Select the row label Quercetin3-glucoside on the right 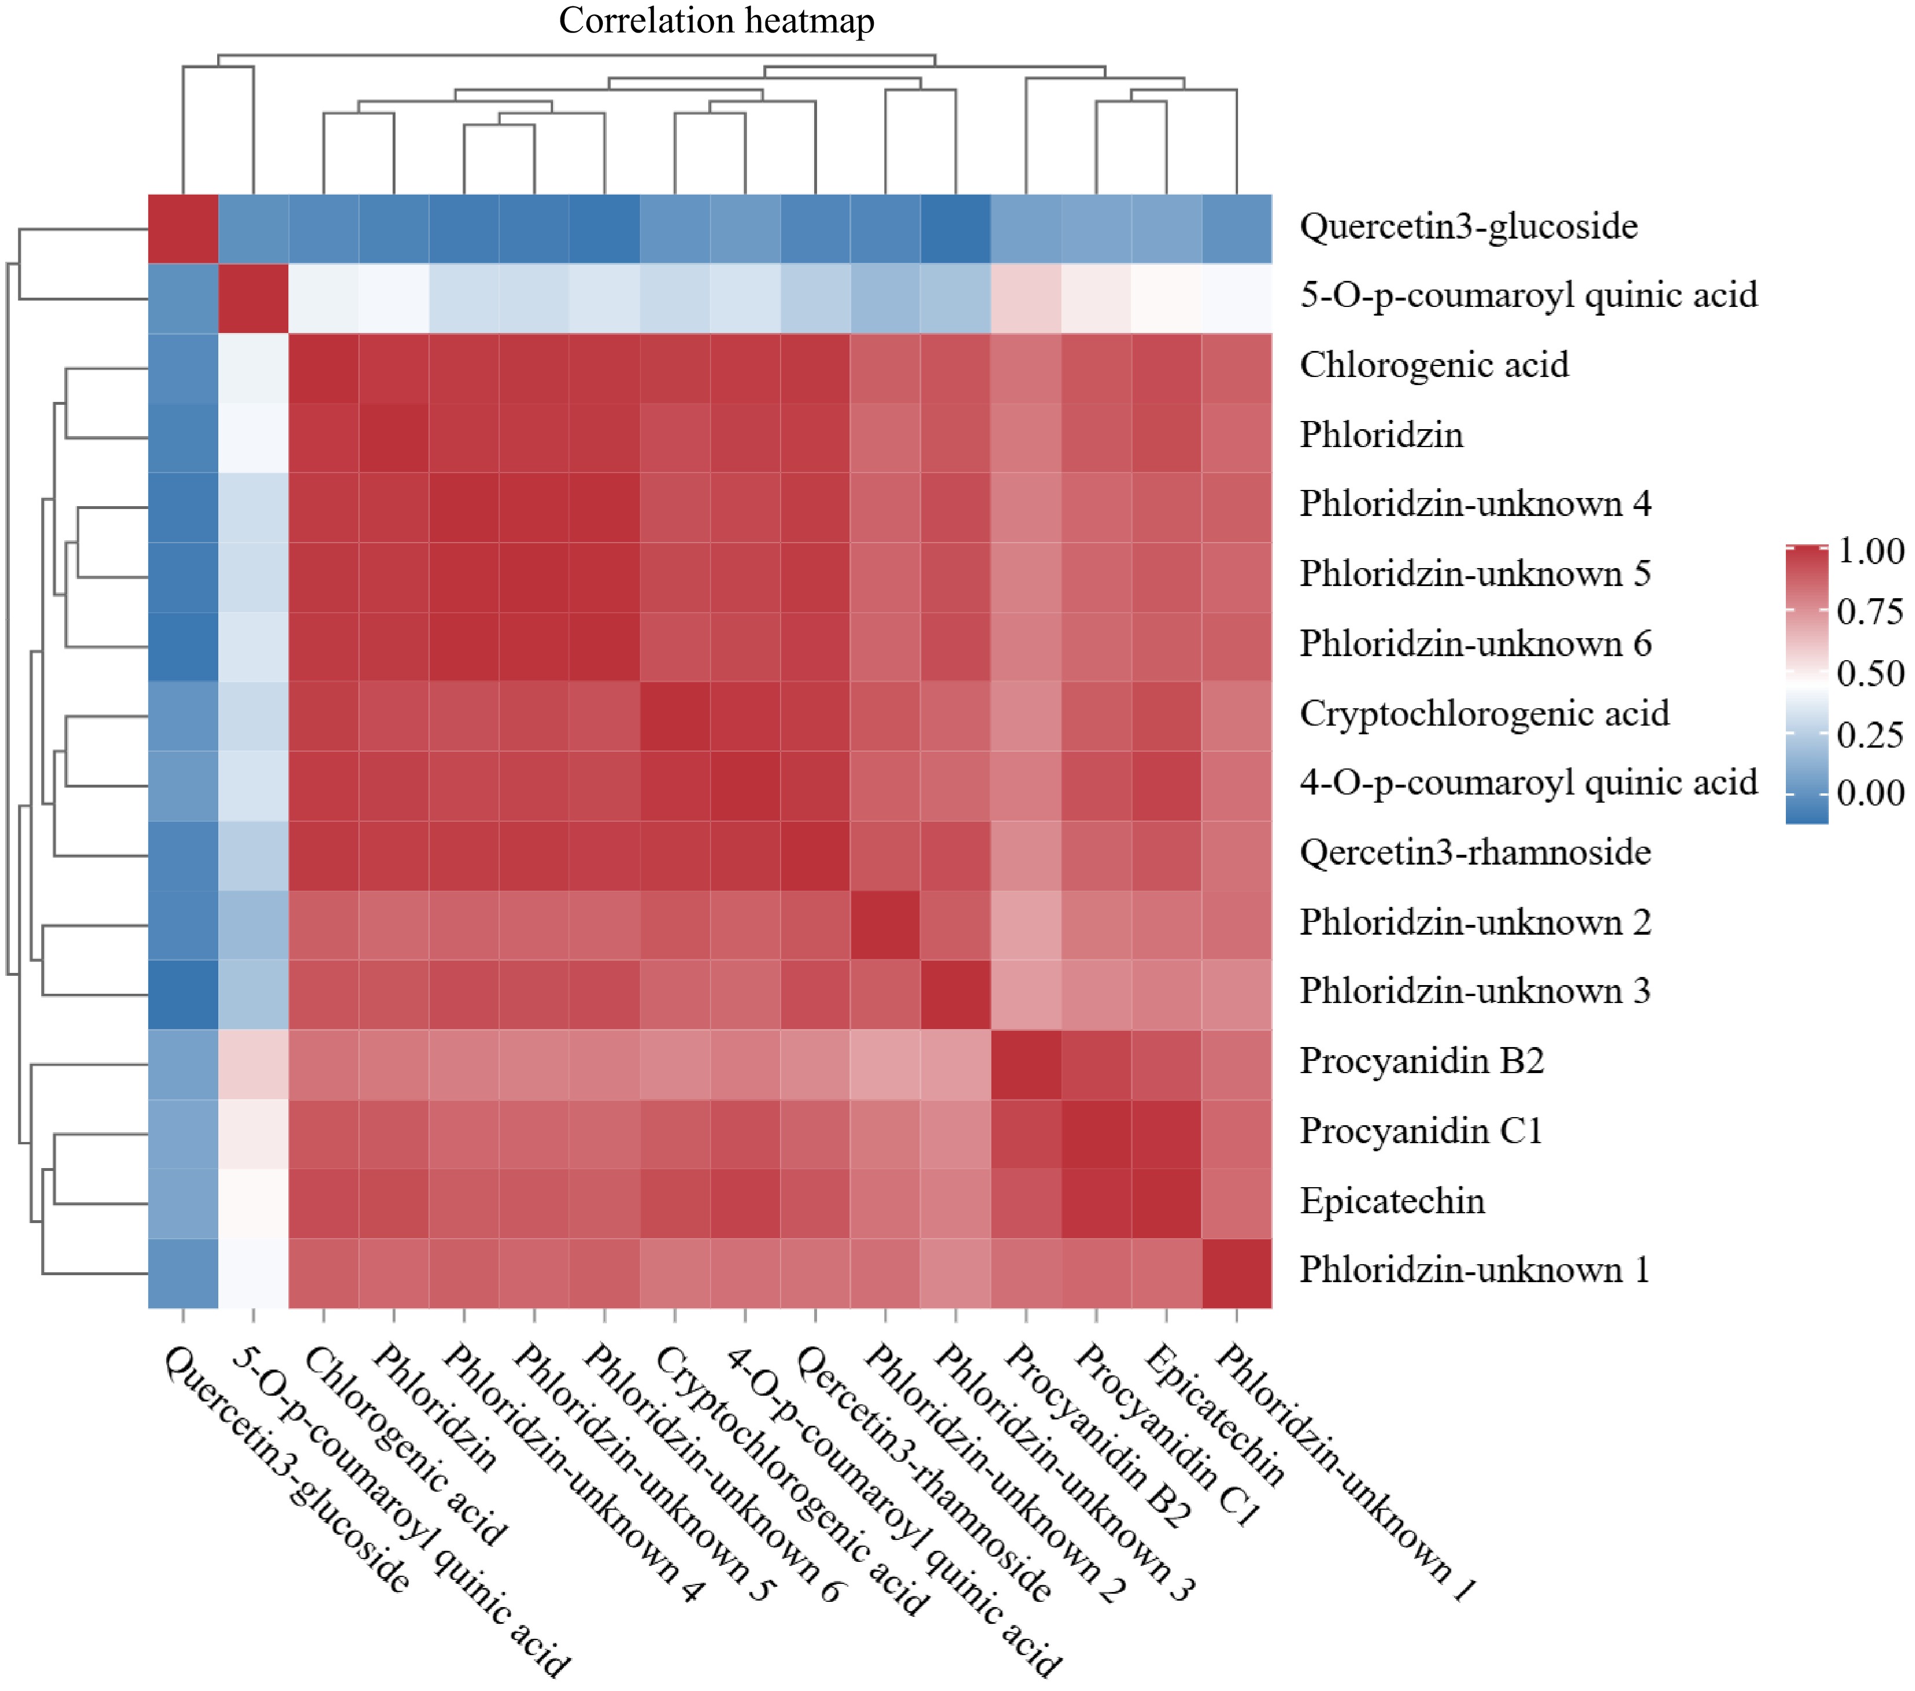(1468, 226)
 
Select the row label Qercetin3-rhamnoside (1475, 852)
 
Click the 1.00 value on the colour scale (1870, 551)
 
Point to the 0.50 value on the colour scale (1870, 673)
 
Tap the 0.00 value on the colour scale (1870, 793)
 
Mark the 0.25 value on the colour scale (1870, 734)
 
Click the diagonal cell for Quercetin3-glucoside (184, 229)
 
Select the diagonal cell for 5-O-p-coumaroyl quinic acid (254, 298)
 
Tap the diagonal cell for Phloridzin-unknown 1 (1237, 1272)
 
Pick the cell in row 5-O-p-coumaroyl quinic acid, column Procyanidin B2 (1026, 298)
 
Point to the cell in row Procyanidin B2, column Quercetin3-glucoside (184, 1063)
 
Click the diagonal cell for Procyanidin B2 (1026, 1063)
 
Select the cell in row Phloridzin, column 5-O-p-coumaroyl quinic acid (254, 437)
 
